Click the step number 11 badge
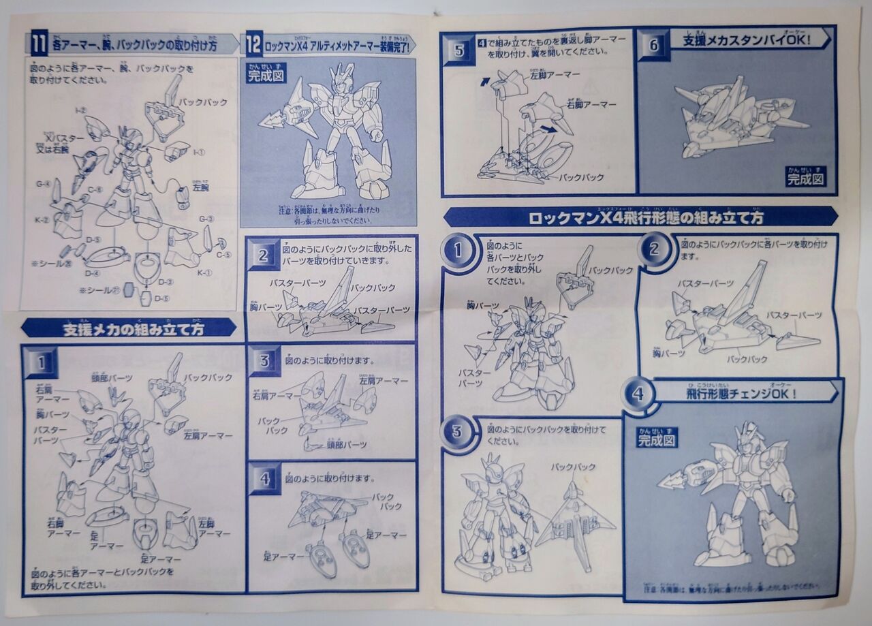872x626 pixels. click(x=38, y=45)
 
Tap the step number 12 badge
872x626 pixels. click(x=253, y=46)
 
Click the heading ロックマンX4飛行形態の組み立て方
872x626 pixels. click(x=645, y=218)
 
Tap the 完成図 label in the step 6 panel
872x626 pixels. click(x=807, y=178)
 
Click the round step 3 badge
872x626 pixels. click(x=457, y=431)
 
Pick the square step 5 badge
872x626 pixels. click(x=458, y=50)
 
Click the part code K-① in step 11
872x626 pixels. click(x=204, y=272)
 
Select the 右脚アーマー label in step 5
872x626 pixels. click(x=591, y=104)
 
